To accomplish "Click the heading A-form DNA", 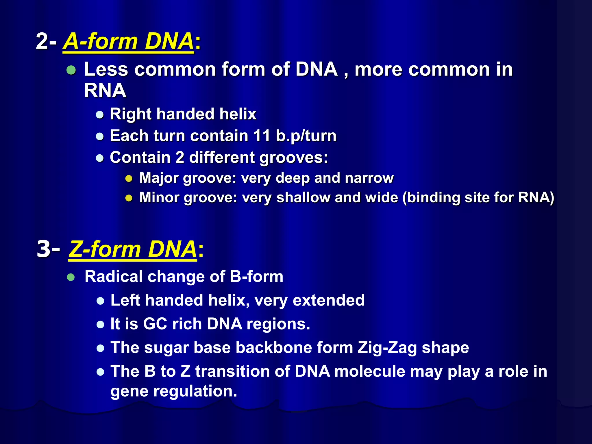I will pos(128,41).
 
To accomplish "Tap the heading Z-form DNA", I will pos(133,249).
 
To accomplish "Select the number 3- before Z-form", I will pos(48,249).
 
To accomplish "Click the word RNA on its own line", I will pos(105,91).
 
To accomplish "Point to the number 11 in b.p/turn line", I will pos(262,136).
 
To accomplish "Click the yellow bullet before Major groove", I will pos(129,179).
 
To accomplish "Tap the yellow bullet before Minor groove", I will pos(129,198).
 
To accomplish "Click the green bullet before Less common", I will pos(71,70).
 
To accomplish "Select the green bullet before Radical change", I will pos(71,277).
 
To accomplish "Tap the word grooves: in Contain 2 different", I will pos(294,158).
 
